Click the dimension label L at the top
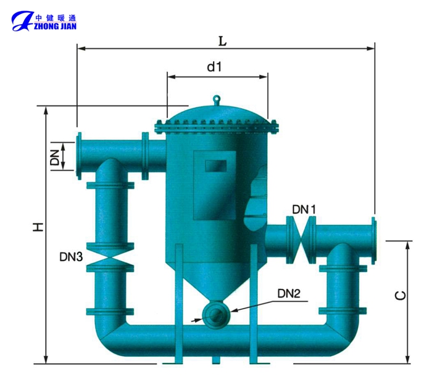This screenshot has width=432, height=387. tap(222, 41)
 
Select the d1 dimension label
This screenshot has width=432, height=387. tap(214, 67)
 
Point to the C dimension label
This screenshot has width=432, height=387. tap(401, 296)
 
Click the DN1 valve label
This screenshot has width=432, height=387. tap(304, 209)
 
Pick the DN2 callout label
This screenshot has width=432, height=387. tap(289, 294)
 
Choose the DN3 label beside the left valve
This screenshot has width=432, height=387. tap(71, 257)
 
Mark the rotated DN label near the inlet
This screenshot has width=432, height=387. tap(55, 157)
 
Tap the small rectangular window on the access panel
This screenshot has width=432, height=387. tap(216, 166)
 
